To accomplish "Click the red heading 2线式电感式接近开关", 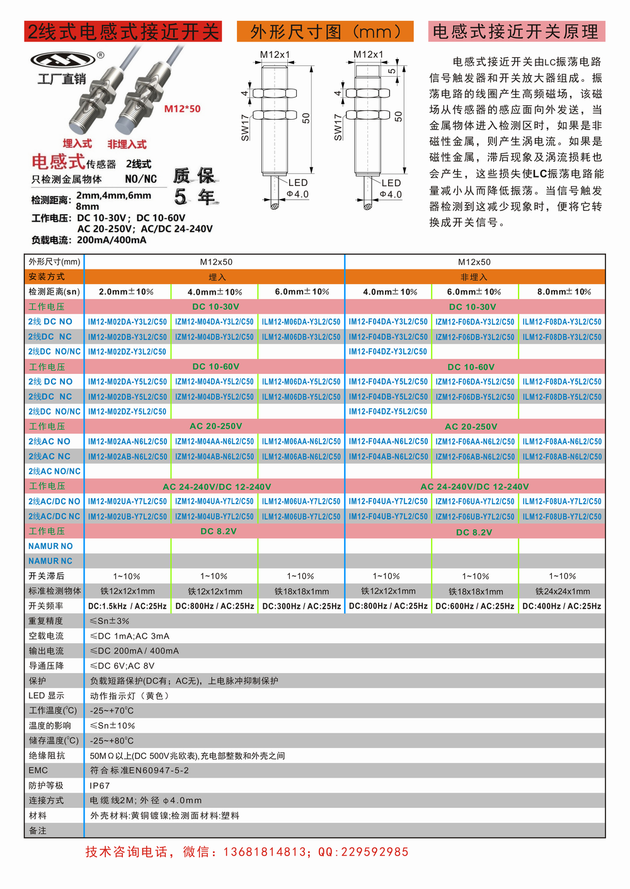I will tap(123, 31).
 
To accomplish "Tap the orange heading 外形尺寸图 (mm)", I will tap(325, 31).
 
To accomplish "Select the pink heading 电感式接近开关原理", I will tap(516, 31).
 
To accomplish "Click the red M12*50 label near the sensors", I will tap(182, 109).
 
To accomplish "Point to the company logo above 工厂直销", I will tap(64, 60).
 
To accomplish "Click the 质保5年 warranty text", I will tap(194, 186).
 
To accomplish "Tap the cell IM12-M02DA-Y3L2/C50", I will tap(127, 322).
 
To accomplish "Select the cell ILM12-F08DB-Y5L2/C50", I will tap(562, 397).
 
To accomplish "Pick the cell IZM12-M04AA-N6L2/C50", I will tap(214, 441).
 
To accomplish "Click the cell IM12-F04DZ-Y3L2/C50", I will tap(388, 351).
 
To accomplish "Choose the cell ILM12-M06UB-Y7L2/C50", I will tap(301, 516).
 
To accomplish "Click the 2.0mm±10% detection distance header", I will tap(126, 292).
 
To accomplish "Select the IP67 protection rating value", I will tap(100, 786).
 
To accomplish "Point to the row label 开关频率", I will tap(46, 606).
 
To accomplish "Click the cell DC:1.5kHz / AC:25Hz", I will tap(127, 606).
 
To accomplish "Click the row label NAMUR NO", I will tap(50, 546).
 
